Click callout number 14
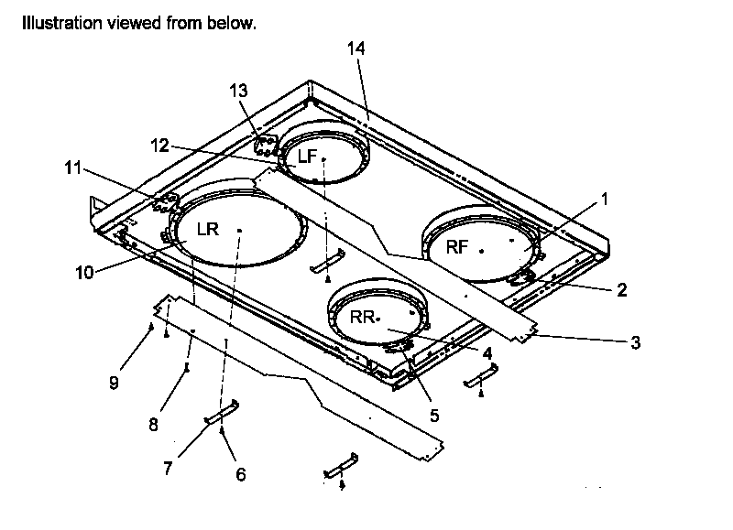pos(356,49)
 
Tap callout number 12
pos(160,145)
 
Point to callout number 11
pos(73,168)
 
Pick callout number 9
pos(114,383)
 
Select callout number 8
pos(154,425)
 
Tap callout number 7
pos(168,468)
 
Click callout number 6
pos(241,474)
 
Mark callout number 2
pos(621,291)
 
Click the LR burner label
pos(208,229)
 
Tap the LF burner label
pos(307,157)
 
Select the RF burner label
pos(458,246)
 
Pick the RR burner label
pos(363,317)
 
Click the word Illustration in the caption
pos(58,22)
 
